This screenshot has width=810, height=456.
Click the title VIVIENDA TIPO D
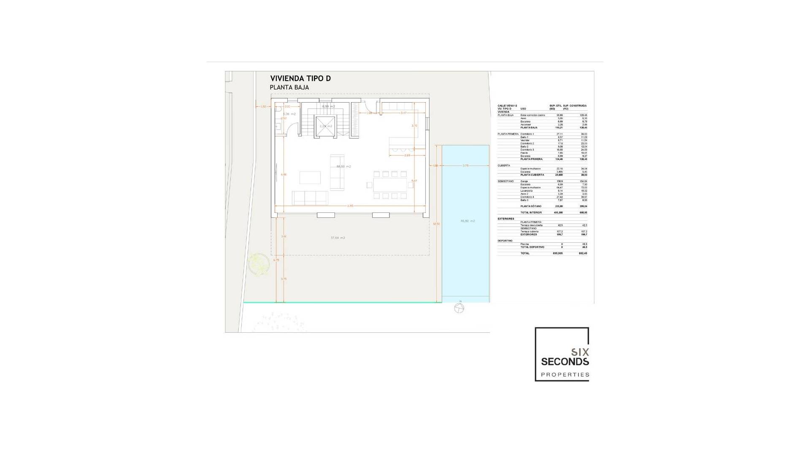(300, 79)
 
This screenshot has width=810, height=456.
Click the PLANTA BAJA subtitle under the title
(289, 88)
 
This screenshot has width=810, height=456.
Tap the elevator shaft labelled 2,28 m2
(325, 126)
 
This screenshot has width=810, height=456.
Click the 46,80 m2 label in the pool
(467, 221)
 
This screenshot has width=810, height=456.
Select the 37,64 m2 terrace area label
(337, 238)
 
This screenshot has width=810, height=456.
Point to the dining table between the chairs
(390, 185)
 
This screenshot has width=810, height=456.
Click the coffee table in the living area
(310, 177)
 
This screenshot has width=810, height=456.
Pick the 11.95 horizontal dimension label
(350, 206)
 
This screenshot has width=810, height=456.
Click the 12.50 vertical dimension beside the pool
(436, 224)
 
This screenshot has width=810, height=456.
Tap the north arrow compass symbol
(459, 308)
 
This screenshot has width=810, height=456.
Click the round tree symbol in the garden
(259, 264)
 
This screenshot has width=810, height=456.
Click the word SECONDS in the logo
(565, 362)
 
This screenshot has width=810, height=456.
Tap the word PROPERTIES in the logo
(565, 375)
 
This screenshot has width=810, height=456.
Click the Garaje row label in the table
(524, 181)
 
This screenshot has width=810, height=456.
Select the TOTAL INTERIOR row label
(531, 212)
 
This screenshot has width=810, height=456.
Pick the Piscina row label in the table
(524, 244)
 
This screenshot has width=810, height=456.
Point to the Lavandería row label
(526, 191)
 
